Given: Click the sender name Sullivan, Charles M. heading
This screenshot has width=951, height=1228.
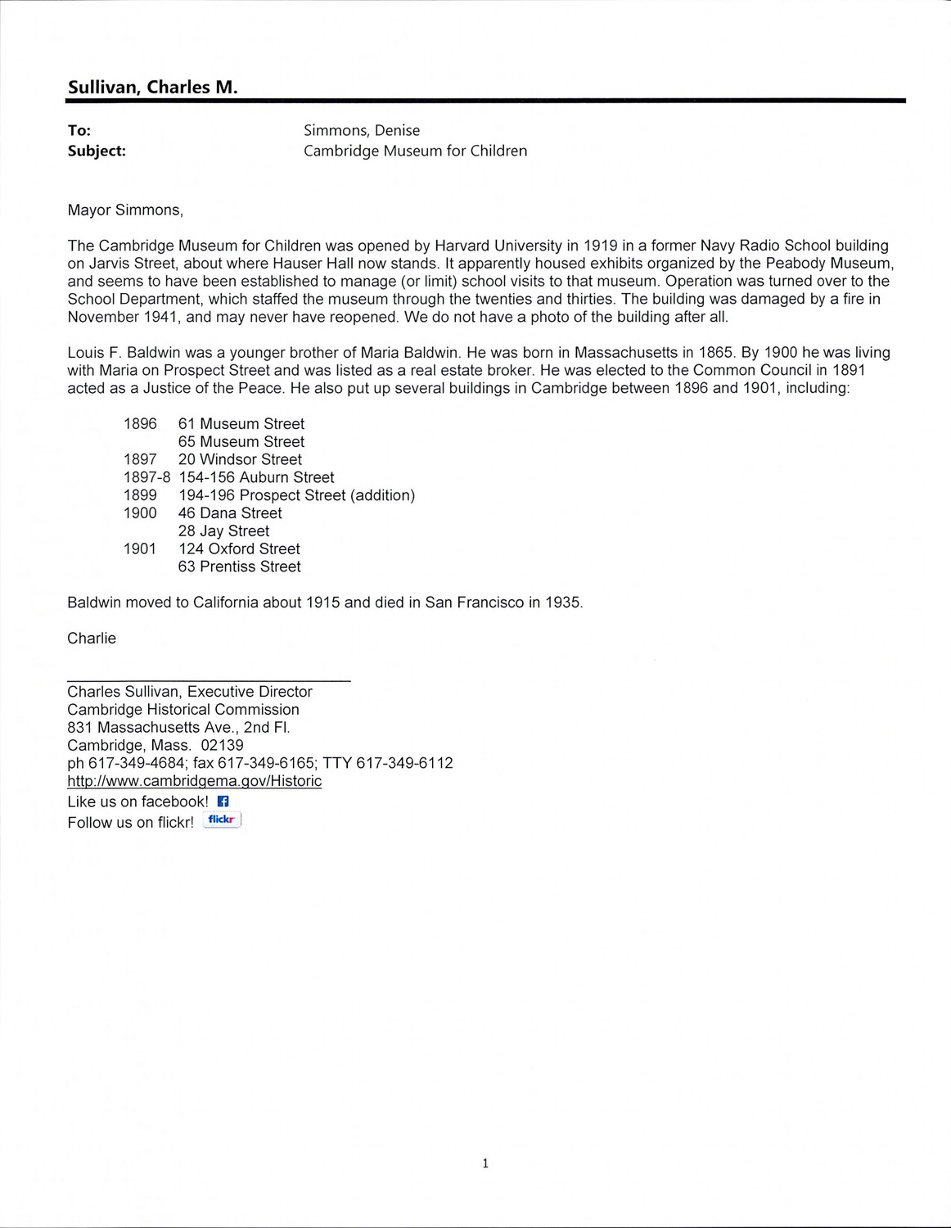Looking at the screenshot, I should (x=152, y=88).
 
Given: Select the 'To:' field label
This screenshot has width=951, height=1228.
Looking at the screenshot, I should (x=79, y=130).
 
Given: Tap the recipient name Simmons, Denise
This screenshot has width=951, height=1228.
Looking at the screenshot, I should (x=361, y=130).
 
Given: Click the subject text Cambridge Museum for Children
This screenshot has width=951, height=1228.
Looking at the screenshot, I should (x=415, y=151).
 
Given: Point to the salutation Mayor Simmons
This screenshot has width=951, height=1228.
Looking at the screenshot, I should (x=124, y=210).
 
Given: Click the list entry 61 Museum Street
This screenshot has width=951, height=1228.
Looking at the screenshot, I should (x=241, y=424).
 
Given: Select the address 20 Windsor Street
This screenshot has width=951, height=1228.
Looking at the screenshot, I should (x=240, y=460).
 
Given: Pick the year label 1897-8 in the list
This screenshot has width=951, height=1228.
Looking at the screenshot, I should (x=146, y=477).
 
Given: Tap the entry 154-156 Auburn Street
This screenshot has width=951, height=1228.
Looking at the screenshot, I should (x=256, y=477).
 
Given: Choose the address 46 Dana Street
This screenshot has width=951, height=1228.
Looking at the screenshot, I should (x=230, y=513).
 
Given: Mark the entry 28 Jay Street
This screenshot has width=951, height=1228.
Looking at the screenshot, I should (x=223, y=531).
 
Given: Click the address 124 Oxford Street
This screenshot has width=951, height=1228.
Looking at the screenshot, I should (x=239, y=549).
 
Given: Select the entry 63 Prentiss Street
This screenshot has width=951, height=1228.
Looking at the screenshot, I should (x=239, y=567).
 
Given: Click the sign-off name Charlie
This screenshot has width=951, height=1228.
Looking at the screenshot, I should (x=92, y=639).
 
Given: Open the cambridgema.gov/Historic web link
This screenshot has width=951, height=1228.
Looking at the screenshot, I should (x=194, y=781).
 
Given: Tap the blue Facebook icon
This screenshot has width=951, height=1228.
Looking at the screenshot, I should (x=223, y=801).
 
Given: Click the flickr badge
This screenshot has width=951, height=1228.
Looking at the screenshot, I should (x=222, y=819).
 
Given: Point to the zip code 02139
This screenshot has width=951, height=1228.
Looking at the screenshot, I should (x=222, y=745).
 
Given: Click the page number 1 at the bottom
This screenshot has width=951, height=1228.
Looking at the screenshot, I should (x=485, y=1163).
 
